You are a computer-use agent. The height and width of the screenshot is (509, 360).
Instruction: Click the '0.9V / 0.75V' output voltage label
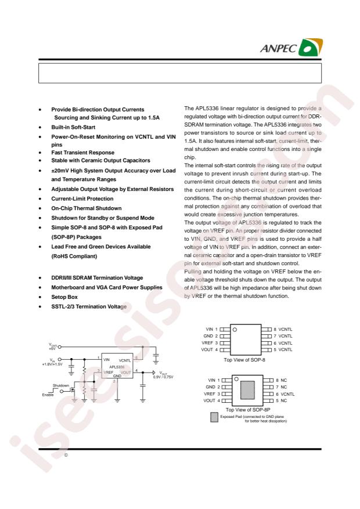[164, 377]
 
